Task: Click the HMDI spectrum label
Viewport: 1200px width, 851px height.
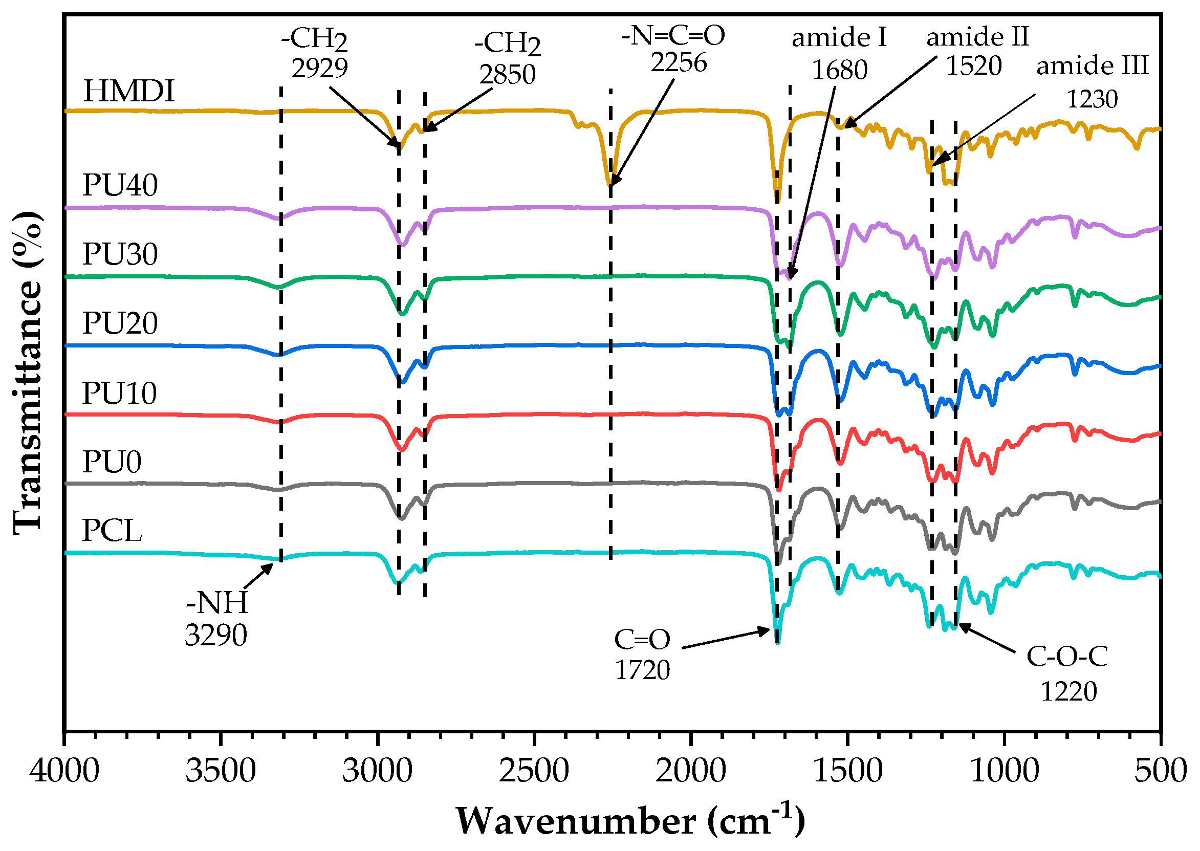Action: click(128, 91)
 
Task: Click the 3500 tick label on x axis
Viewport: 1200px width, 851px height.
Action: click(221, 770)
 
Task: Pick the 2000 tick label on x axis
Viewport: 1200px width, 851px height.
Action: click(690, 770)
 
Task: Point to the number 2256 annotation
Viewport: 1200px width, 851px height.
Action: click(679, 62)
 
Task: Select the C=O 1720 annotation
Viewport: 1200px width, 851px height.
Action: click(642, 654)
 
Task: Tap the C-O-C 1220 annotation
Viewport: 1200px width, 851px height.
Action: click(1067, 673)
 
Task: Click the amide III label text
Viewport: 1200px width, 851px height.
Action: click(1093, 66)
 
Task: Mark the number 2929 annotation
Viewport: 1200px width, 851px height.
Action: click(319, 68)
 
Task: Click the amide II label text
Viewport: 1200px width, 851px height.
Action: click(978, 37)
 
